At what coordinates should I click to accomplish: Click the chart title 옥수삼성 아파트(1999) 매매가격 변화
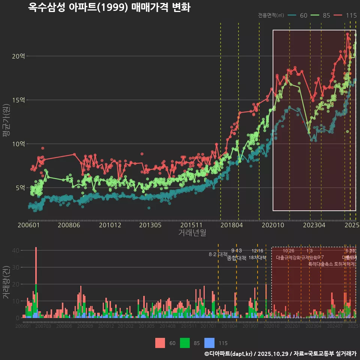coord(109,7)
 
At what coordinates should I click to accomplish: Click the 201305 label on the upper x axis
coord(150,225)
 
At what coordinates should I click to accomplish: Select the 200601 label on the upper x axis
coord(29,225)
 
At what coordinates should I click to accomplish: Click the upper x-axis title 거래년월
coord(192,233)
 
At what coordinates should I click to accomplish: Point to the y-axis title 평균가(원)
coord(6,122)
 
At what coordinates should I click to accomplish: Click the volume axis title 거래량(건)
coord(6,282)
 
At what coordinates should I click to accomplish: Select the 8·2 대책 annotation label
coord(218,254)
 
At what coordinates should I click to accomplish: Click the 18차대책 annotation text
coord(257,258)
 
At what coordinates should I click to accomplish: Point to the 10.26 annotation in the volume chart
coord(288,251)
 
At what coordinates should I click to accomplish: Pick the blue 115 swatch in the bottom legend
coord(209,343)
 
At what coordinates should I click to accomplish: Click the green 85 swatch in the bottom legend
coord(185,343)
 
